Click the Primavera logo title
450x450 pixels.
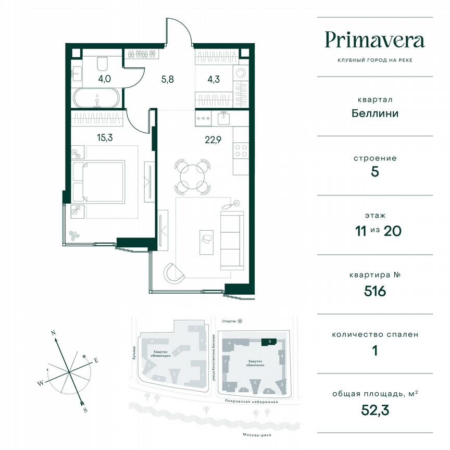coord(374,40)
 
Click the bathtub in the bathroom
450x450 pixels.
coord(96,98)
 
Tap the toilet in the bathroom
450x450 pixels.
coord(102,64)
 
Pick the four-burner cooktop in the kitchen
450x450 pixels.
coord(241,151)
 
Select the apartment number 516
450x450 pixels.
coord(374,291)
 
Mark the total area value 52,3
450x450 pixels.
coord(374,410)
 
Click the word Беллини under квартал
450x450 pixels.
coord(374,113)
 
